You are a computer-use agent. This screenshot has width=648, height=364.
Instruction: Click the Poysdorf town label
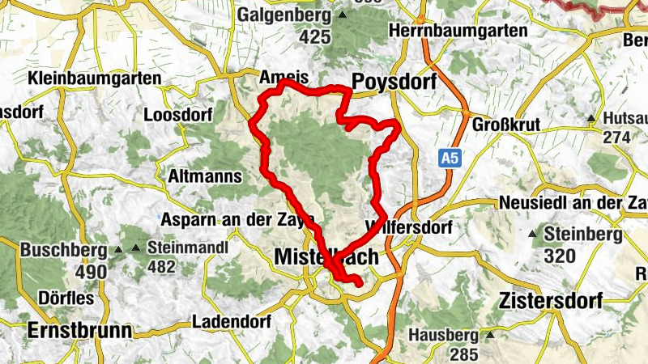(x=394, y=82)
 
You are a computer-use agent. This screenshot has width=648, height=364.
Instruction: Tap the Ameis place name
(x=284, y=78)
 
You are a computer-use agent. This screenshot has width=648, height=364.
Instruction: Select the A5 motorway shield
(x=451, y=158)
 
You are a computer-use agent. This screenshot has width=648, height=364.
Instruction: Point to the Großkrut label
(x=505, y=126)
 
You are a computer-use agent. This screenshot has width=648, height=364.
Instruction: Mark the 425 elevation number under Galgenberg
(x=315, y=36)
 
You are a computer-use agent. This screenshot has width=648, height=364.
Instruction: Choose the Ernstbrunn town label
(x=79, y=330)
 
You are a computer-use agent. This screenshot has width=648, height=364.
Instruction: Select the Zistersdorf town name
(x=552, y=302)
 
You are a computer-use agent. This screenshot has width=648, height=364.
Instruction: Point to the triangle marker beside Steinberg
(x=532, y=235)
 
